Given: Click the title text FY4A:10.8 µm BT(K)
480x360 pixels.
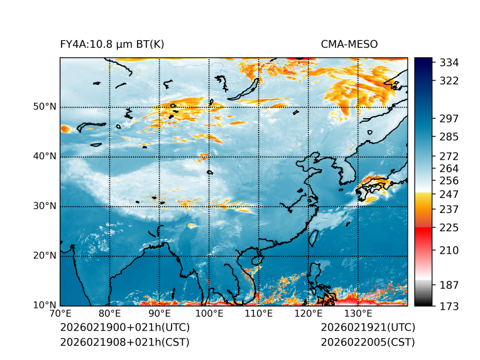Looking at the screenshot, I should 112,44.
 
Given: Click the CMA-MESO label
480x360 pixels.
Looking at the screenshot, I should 349,44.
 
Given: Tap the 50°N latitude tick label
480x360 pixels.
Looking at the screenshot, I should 45,107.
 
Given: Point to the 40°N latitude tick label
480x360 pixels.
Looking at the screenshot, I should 45,156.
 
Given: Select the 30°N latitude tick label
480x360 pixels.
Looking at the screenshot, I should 45,206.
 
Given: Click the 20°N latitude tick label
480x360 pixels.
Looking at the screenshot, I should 45,256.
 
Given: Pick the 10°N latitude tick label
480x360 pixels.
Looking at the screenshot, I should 45,305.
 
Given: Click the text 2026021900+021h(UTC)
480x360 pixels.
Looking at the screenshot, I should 124,328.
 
